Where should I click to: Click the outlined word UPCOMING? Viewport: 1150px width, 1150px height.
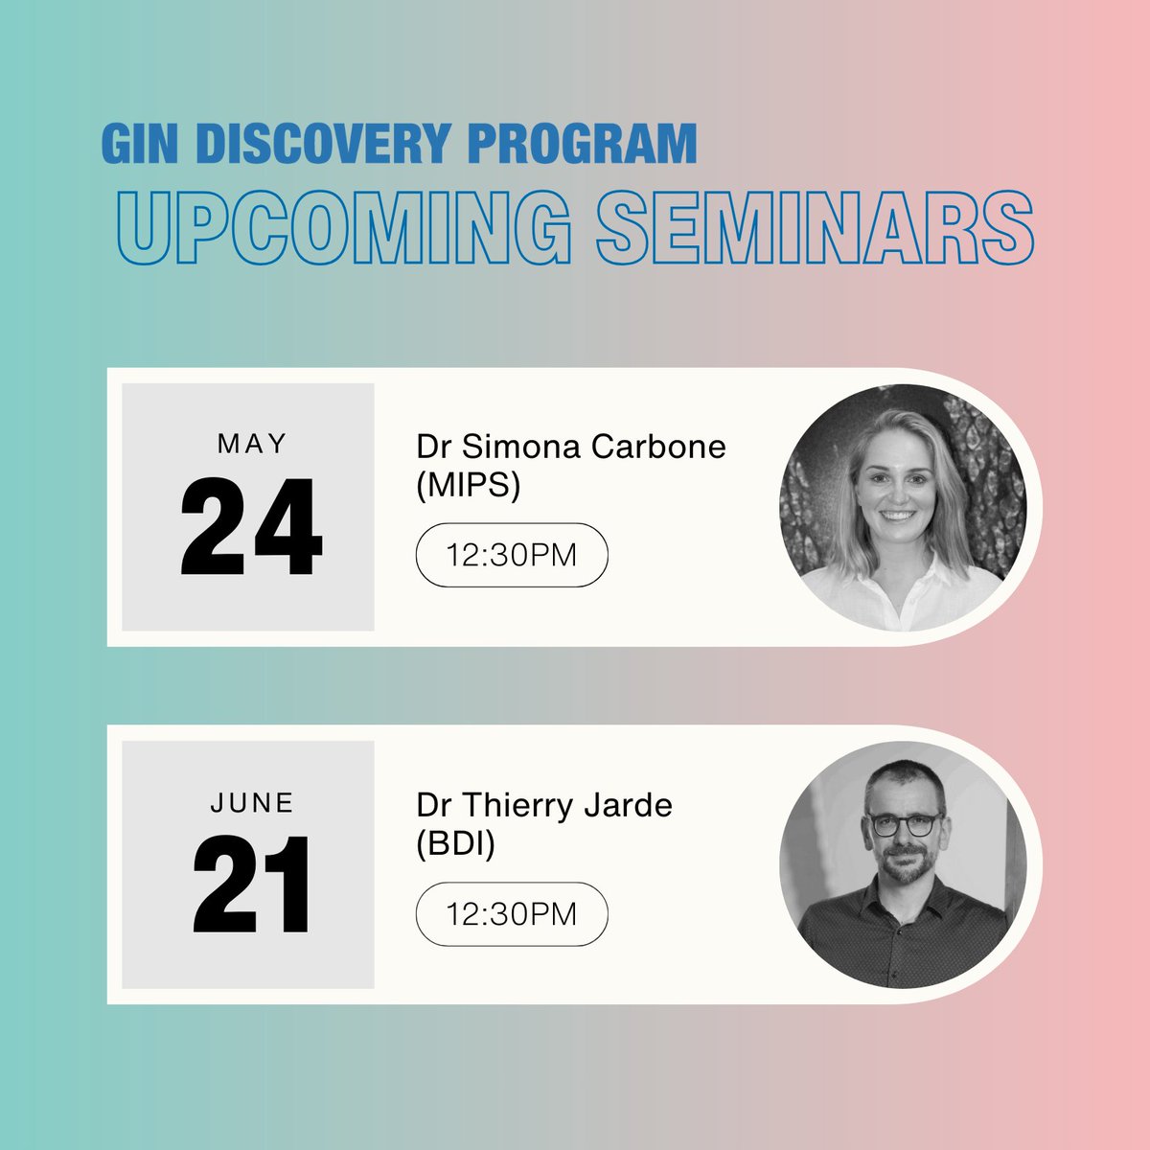tap(344, 227)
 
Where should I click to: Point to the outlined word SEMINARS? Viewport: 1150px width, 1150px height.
tap(816, 227)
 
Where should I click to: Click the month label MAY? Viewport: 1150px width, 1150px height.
tap(252, 444)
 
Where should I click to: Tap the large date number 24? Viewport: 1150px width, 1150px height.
tap(251, 526)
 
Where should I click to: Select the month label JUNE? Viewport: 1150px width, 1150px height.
tap(252, 803)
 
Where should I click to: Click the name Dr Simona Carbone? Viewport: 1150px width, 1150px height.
tap(571, 447)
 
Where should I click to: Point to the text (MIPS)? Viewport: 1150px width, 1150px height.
tap(469, 485)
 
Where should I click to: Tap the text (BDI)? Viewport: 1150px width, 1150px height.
tap(455, 843)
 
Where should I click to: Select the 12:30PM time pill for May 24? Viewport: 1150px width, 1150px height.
tap(512, 555)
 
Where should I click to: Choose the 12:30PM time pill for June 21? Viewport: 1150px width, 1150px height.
tap(512, 913)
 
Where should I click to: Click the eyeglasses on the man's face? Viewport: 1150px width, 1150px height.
tap(903, 825)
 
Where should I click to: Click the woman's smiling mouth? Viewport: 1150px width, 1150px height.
tap(898, 515)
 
